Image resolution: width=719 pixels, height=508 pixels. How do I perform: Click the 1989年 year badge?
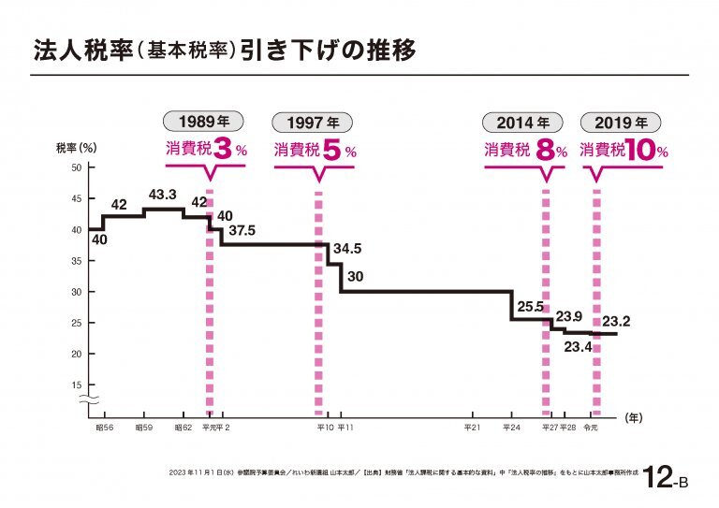pyautogui.click(x=204, y=122)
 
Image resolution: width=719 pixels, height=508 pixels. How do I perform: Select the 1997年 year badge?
pyautogui.click(x=314, y=122)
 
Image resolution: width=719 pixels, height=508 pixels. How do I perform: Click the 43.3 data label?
pyautogui.click(x=163, y=195)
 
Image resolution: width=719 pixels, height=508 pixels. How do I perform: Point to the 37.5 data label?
pyautogui.click(x=242, y=230)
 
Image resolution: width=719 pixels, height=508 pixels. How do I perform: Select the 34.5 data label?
pyautogui.click(x=347, y=249)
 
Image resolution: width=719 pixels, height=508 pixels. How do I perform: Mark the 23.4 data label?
pyautogui.click(x=578, y=347)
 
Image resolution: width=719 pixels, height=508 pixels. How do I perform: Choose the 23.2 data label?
pyautogui.click(x=616, y=322)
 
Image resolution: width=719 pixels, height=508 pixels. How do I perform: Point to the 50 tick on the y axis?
pyautogui.click(x=78, y=167)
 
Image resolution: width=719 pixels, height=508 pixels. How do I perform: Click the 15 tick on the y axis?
pyautogui.click(x=78, y=385)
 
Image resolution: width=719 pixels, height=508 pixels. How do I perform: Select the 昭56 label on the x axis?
pyautogui.click(x=104, y=428)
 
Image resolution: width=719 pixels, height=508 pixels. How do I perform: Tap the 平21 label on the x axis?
pyautogui.click(x=473, y=428)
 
